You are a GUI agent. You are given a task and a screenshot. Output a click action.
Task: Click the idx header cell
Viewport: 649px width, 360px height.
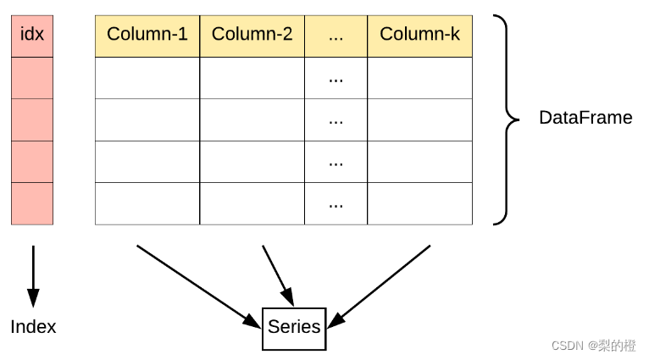click(x=32, y=36)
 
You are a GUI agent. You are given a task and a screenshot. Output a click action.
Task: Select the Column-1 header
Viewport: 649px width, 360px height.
click(x=147, y=36)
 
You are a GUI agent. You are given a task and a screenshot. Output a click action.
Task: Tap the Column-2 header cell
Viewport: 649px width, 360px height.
click(x=252, y=36)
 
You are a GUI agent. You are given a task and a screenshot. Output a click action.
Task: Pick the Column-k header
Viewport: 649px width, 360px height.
click(x=419, y=36)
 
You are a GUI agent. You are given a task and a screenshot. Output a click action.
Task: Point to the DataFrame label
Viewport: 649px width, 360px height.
click(x=585, y=118)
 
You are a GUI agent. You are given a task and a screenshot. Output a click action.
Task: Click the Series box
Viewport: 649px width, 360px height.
click(x=294, y=329)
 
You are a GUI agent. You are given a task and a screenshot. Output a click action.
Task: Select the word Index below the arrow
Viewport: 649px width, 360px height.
click(x=33, y=327)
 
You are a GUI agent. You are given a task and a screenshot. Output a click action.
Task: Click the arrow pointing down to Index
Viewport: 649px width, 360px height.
click(x=33, y=276)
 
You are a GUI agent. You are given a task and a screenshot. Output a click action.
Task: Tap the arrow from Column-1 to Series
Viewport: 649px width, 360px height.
click(x=199, y=287)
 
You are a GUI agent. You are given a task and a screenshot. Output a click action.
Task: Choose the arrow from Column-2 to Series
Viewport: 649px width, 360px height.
click(x=278, y=276)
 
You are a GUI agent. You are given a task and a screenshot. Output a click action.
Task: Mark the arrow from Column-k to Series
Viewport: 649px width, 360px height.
click(x=379, y=287)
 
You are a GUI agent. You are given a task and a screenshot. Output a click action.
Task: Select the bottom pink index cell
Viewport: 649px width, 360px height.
click(x=32, y=203)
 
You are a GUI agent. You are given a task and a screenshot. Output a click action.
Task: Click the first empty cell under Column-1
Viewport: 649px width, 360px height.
click(x=147, y=78)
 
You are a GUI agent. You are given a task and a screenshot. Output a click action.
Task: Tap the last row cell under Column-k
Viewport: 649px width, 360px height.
click(x=419, y=203)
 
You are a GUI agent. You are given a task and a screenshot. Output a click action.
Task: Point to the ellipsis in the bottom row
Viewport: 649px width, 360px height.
click(x=336, y=206)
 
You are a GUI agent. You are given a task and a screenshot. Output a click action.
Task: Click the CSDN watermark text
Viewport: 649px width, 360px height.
click(x=594, y=346)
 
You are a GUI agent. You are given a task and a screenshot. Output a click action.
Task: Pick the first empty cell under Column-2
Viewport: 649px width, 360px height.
click(x=252, y=78)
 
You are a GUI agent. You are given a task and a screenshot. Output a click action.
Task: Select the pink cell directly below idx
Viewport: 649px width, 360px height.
click(x=32, y=78)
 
